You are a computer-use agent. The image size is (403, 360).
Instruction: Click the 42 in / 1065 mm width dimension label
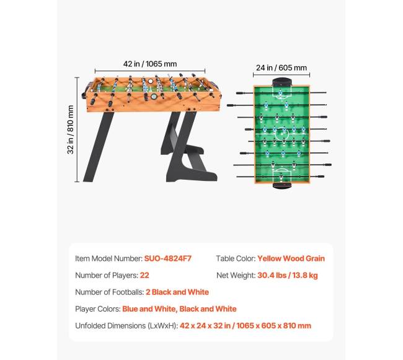150,63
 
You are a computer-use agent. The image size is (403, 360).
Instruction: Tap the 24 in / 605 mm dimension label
281,68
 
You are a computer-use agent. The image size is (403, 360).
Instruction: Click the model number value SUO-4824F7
168,258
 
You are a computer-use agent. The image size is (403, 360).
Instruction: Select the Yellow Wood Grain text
291,258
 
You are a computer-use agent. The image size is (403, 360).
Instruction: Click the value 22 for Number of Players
144,275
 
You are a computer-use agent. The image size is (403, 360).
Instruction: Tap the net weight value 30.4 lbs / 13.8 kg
288,275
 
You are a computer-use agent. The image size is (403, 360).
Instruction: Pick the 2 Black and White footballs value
177,292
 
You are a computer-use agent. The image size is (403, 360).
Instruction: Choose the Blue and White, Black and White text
179,309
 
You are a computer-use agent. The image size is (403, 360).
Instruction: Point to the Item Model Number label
108,258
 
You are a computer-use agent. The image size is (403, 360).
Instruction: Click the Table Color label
235,258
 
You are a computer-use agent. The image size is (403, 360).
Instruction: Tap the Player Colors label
97,309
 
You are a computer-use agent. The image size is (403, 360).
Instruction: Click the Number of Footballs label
110,292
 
